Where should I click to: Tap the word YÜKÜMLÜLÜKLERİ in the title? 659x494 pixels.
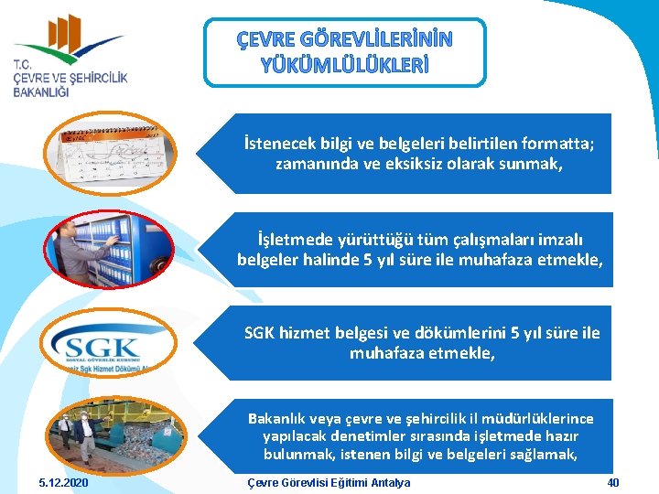click(x=345, y=65)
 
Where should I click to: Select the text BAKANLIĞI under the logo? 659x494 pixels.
click(x=42, y=93)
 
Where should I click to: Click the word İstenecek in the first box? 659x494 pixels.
click(x=274, y=144)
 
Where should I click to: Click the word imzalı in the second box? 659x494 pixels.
click(x=555, y=240)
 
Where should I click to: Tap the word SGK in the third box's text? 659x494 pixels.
click(x=261, y=333)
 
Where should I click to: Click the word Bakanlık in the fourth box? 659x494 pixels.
click(x=277, y=419)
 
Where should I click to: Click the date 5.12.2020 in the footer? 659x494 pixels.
click(x=63, y=482)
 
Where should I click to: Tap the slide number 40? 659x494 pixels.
click(x=613, y=482)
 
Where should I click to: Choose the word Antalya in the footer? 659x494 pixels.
click(x=387, y=482)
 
